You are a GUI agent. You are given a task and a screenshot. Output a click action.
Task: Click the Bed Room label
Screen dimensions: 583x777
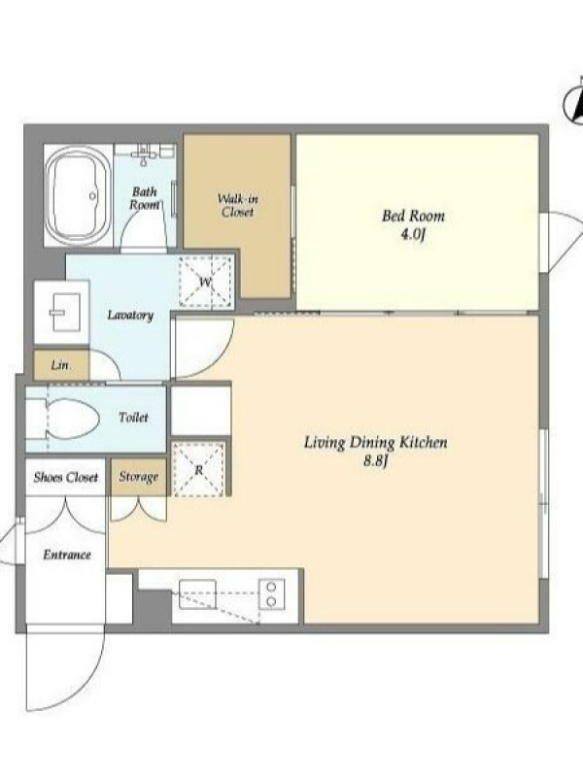413,216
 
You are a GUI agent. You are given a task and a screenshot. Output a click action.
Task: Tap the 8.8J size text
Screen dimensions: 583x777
375,461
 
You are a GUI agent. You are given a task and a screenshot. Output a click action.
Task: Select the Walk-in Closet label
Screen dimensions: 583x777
237,206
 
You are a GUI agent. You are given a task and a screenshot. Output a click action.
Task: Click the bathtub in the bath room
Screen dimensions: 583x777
78,195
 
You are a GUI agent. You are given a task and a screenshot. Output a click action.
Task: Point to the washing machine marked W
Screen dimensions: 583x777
206,282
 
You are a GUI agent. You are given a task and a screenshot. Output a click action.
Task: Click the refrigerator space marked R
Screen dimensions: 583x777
198,469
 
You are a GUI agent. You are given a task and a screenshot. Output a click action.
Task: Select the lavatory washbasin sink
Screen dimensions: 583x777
64,312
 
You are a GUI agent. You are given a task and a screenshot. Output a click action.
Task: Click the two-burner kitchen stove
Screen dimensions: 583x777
271,594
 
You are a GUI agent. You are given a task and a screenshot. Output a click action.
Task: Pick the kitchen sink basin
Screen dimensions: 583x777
197,594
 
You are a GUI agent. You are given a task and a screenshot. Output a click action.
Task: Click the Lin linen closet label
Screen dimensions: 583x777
59,365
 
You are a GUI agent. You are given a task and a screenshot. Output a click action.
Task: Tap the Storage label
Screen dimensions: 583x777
138,477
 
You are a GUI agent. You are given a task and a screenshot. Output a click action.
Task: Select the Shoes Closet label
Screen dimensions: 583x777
66,477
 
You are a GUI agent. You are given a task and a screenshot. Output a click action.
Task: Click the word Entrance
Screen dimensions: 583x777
67,555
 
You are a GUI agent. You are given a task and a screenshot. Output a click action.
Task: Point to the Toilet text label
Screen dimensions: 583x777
133,418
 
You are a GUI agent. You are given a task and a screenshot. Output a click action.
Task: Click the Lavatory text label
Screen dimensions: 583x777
130,315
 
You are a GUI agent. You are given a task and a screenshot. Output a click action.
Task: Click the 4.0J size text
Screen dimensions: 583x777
413,233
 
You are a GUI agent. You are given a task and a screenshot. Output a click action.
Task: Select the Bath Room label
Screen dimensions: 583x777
144,198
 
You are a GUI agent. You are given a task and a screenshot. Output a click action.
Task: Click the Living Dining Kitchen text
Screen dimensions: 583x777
375,442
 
